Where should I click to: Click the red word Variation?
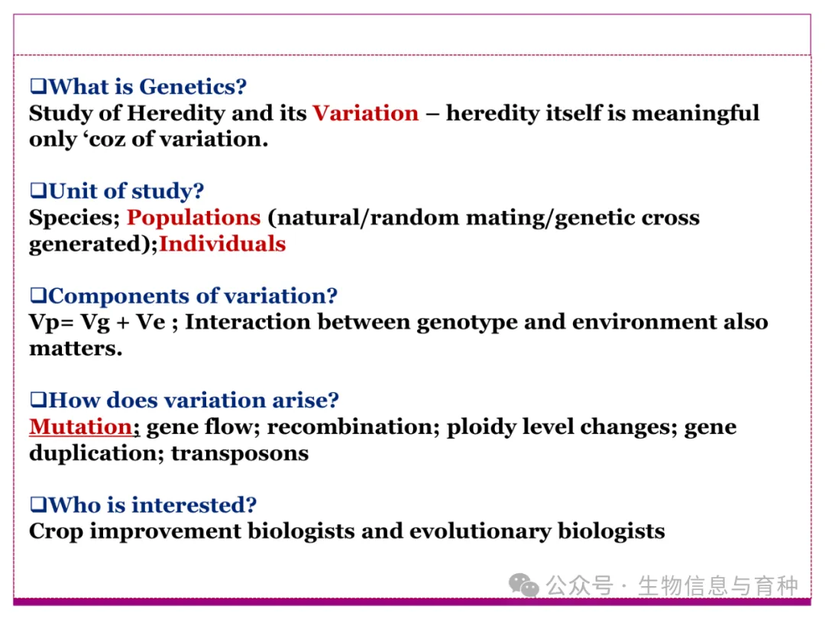pyautogui.click(x=366, y=113)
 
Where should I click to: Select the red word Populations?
pyautogui.click(x=193, y=218)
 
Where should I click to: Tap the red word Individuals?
pyautogui.click(x=222, y=244)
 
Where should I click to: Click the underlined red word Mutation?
pyautogui.click(x=80, y=427)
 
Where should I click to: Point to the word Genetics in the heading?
pyautogui.click(x=192, y=87)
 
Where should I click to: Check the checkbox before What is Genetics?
pyautogui.click(x=38, y=86)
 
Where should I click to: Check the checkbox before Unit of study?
pyautogui.click(x=38, y=190)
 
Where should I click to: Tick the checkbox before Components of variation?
pyautogui.click(x=38, y=295)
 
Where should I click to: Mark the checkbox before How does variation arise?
pyautogui.click(x=38, y=400)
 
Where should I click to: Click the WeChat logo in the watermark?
pyautogui.click(x=524, y=585)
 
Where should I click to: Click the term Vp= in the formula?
pyautogui.click(x=51, y=322)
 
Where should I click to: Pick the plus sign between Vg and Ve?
pyautogui.click(x=122, y=322)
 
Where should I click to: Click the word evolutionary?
pyautogui.click(x=480, y=532)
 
